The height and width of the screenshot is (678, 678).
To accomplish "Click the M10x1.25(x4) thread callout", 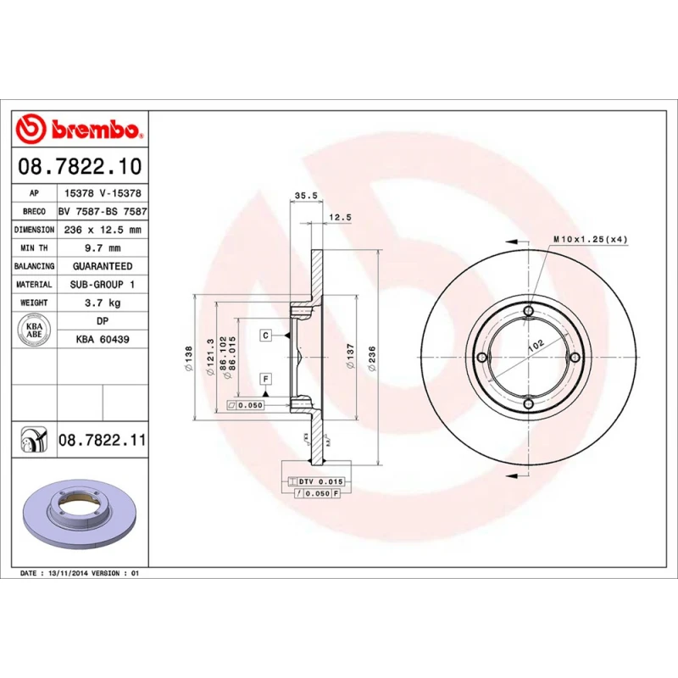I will tap(590, 240).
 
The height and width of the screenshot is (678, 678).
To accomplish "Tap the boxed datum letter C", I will tap(265, 336).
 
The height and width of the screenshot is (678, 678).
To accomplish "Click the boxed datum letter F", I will tap(265, 378).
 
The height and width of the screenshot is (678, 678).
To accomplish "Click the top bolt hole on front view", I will tap(529, 313).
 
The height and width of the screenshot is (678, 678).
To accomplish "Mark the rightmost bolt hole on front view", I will tap(575, 358).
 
